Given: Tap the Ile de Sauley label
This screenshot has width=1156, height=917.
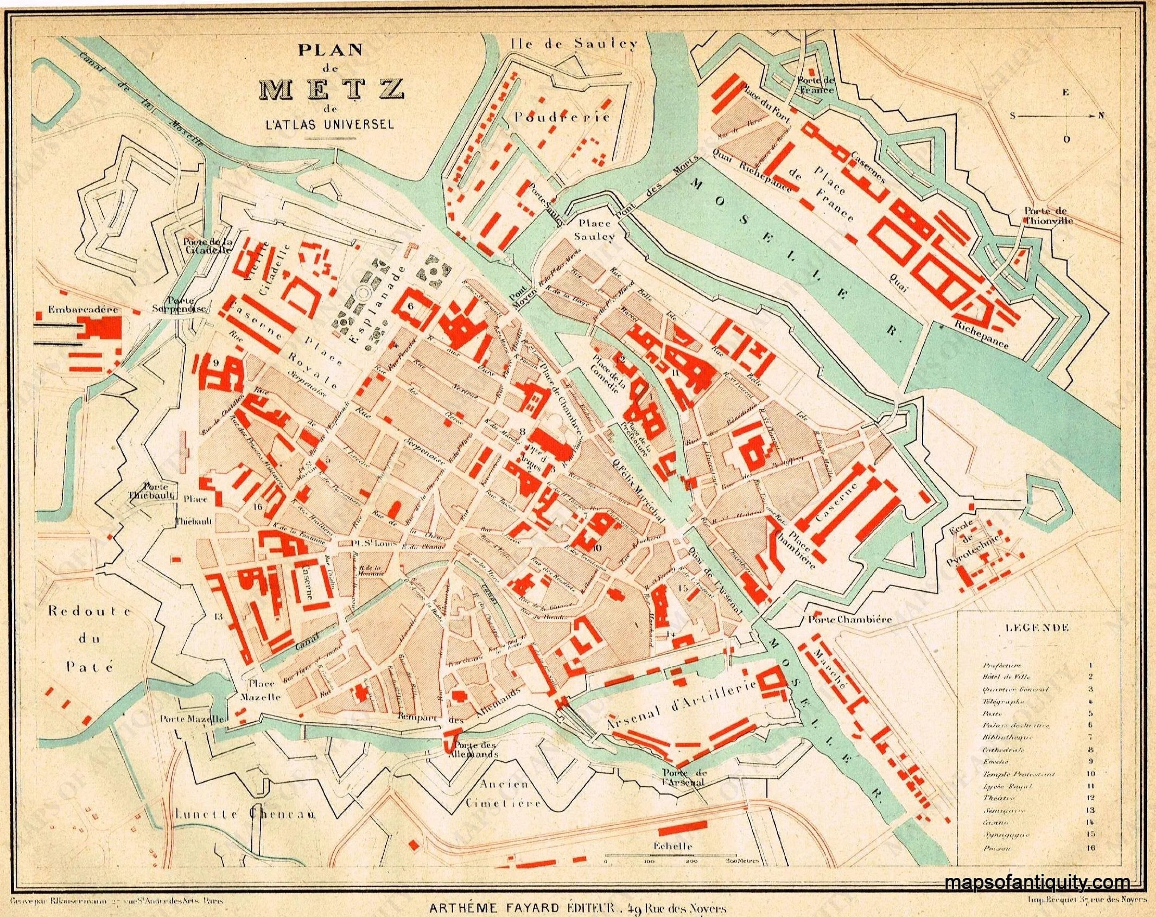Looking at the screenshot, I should pyautogui.click(x=574, y=44).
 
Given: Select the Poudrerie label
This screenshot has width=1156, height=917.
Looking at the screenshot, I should pyautogui.click(x=561, y=116).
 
